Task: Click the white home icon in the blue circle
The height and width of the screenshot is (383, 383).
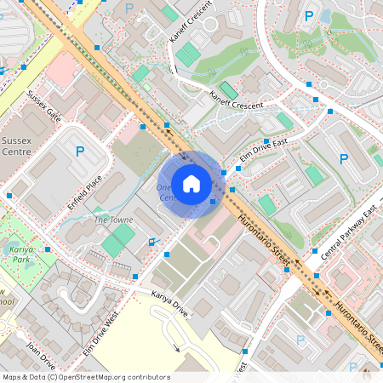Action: pyautogui.click(x=191, y=184)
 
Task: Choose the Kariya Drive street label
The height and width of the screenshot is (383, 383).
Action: pyautogui.click(x=169, y=303)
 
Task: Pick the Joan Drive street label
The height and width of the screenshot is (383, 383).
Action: pyautogui.click(x=42, y=351)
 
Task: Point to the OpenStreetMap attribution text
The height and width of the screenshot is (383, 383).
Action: pyautogui.click(x=85, y=377)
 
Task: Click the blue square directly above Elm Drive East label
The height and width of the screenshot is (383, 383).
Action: pyautogui.click(x=266, y=141)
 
